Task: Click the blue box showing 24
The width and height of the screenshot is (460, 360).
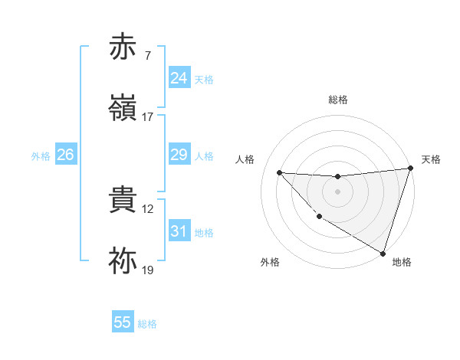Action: pos(179,78)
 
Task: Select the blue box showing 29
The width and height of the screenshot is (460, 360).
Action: pos(179,155)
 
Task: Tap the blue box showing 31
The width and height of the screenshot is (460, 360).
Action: pos(179,231)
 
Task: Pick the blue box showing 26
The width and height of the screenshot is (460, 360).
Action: pos(65,155)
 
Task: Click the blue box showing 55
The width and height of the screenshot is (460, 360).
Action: pos(123,322)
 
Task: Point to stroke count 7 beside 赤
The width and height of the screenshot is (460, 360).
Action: pos(148,55)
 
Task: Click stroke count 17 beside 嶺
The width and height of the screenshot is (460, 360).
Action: pos(148,117)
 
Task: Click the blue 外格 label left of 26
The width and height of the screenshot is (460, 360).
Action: pos(41,155)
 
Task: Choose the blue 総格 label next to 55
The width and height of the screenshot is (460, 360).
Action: pos(147,323)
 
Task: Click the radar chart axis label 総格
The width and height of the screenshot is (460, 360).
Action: pos(338,100)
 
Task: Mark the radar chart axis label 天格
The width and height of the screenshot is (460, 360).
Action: pos(431,159)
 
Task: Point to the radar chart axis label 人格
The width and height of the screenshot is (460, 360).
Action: pos(245,159)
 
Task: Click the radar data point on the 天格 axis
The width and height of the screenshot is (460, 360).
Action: pos(410,169)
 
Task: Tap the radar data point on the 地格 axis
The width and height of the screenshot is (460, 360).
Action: pos(383,253)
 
